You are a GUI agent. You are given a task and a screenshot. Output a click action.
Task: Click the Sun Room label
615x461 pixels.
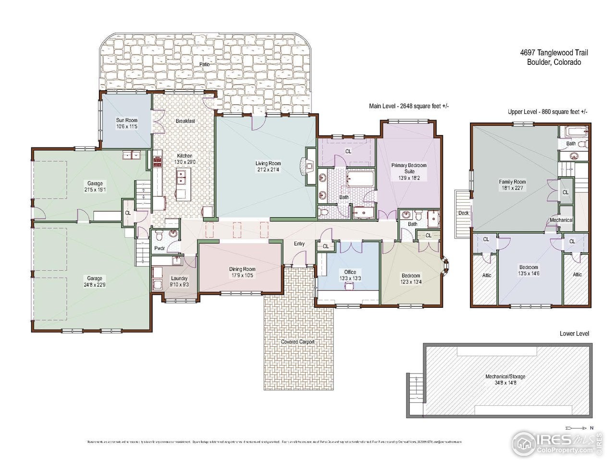(127, 120)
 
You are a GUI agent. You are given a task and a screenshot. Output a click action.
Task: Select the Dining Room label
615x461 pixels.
(242, 269)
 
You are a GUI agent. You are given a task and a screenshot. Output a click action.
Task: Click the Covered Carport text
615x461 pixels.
(298, 342)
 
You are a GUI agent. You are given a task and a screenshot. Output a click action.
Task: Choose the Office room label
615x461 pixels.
(350, 272)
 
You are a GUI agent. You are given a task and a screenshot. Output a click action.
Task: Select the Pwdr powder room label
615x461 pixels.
(160, 249)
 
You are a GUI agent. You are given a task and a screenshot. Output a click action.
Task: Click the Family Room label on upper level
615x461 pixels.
(512, 182)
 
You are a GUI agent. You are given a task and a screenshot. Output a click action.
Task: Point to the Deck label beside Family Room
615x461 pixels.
(463, 213)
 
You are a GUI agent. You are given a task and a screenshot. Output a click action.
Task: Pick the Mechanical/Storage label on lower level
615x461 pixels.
(505, 376)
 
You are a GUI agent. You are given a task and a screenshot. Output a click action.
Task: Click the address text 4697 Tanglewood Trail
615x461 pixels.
(554, 53)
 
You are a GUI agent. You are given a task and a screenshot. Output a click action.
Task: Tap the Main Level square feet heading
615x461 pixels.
(408, 106)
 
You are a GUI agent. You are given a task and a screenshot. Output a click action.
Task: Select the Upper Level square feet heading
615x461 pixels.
(548, 111)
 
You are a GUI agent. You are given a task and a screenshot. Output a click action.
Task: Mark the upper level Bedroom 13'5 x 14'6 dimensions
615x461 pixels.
(529, 273)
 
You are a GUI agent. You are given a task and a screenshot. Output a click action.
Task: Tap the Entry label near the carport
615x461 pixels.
(299, 244)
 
